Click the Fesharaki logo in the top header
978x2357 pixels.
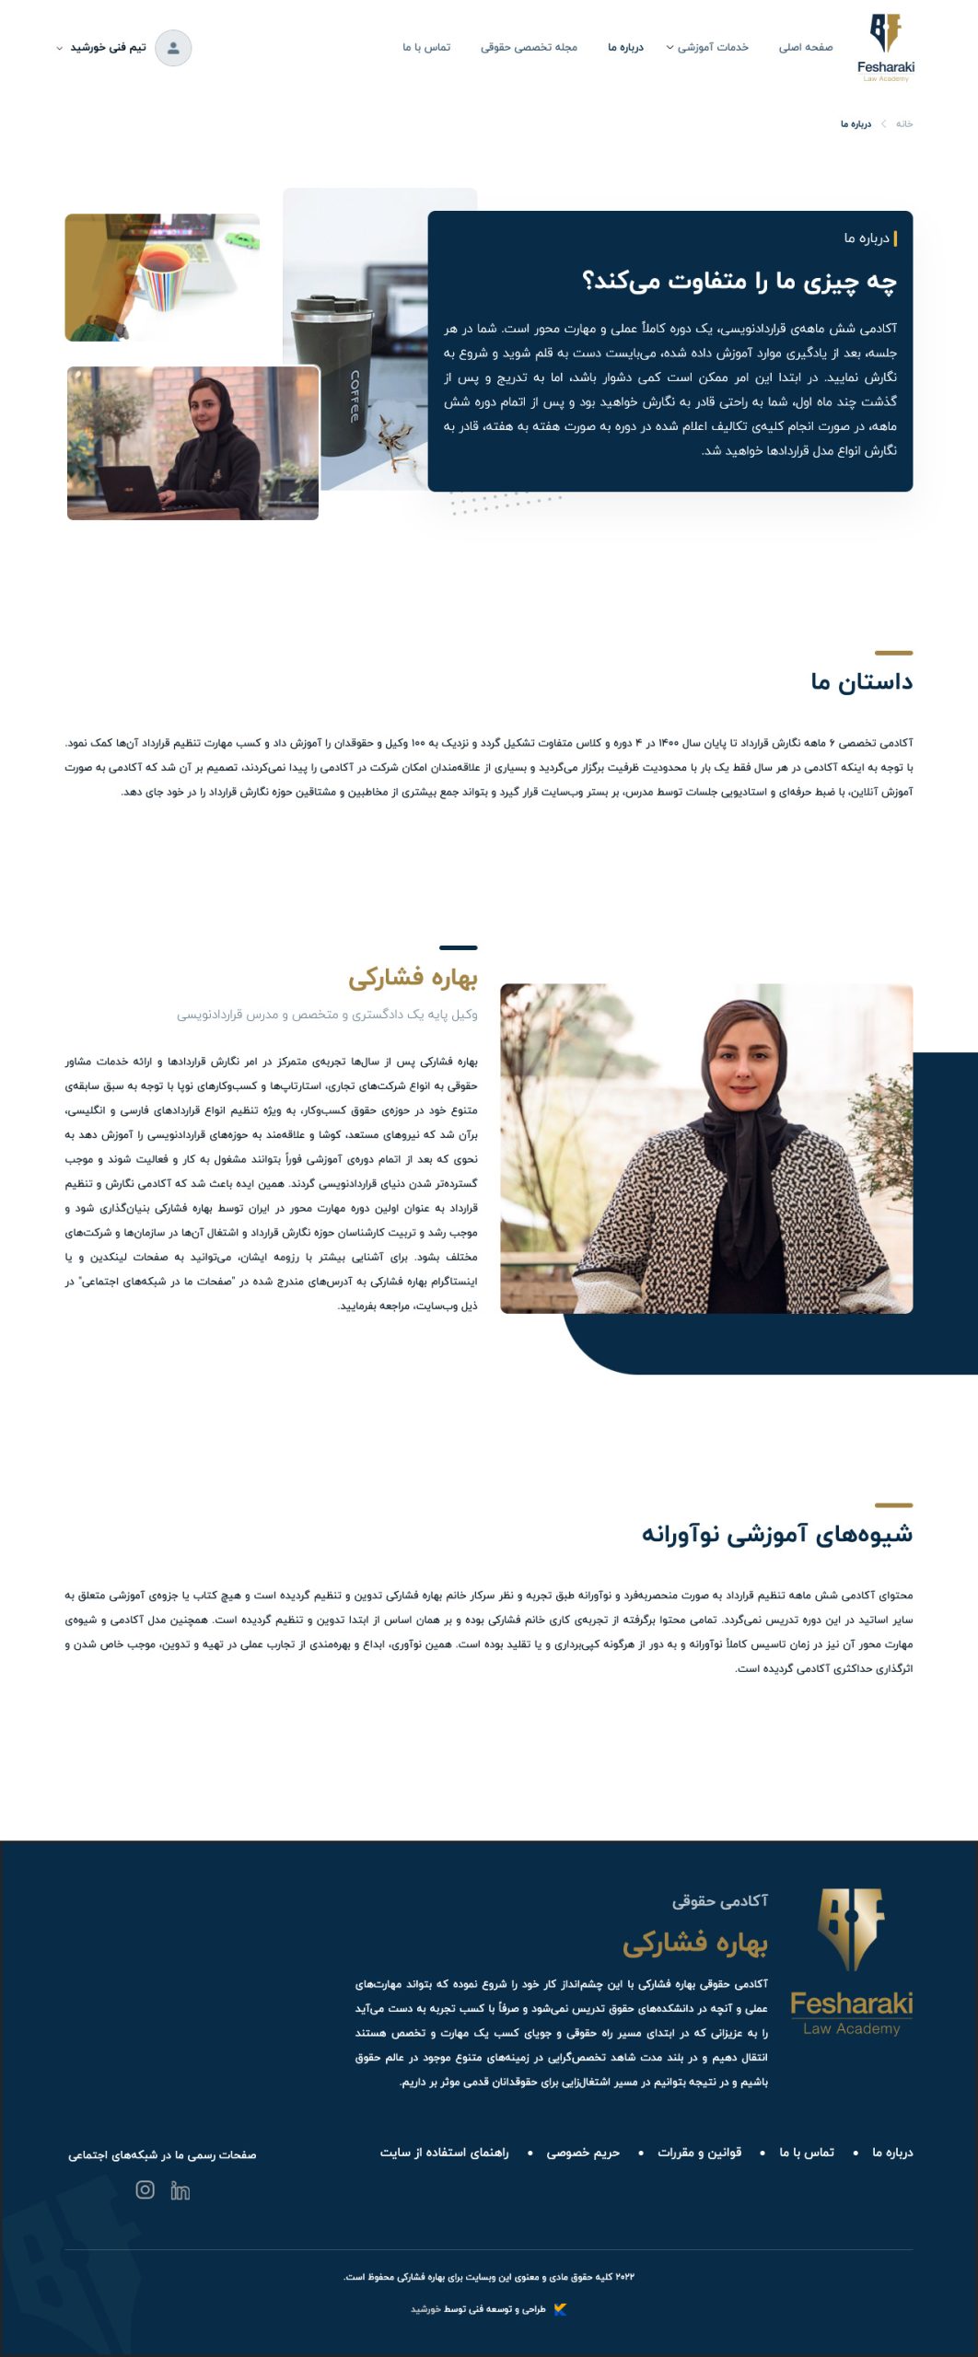click(885, 46)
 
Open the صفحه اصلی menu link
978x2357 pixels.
click(805, 48)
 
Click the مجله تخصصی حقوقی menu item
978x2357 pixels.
click(529, 48)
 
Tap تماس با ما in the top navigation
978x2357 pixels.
click(426, 48)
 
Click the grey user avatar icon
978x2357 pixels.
click(173, 48)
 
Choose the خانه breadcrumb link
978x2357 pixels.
click(904, 124)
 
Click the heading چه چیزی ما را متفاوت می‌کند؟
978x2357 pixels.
click(739, 281)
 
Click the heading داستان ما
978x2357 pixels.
click(861, 682)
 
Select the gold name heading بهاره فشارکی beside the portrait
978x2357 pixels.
click(413, 979)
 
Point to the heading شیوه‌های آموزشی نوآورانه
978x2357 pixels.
click(776, 1535)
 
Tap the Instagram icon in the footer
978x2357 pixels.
click(145, 2190)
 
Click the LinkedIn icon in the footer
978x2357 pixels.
click(180, 2191)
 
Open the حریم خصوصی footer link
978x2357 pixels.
click(582, 2153)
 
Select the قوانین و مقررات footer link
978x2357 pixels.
click(699, 2153)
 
